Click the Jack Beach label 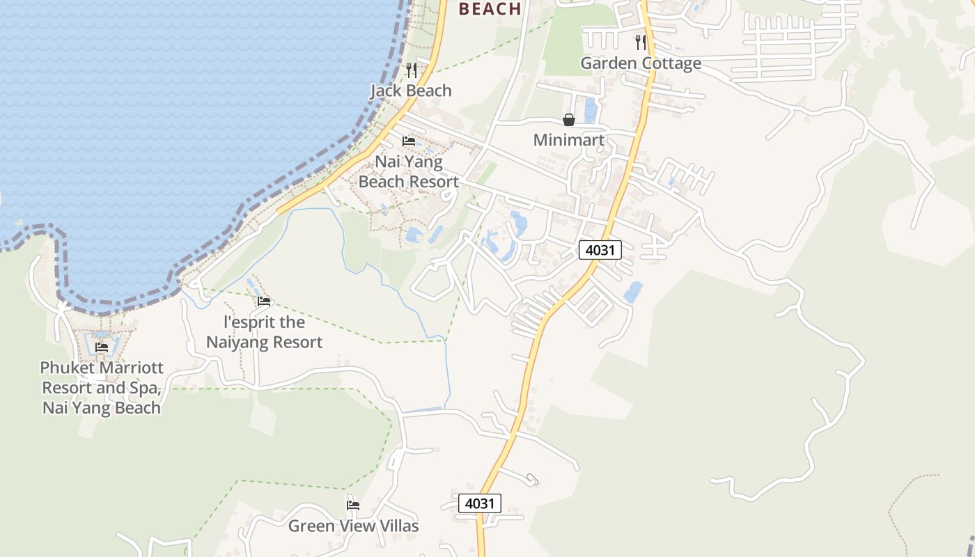pos(411,91)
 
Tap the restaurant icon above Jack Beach pos(412,70)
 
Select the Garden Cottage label pos(641,63)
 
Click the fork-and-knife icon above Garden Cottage pos(641,42)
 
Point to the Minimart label pos(569,140)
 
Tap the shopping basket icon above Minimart pos(569,120)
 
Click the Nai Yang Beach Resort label pos(409,172)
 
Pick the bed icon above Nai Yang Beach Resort pos(409,141)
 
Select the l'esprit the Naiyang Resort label pos(265,332)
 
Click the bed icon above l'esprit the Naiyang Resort pos(264,301)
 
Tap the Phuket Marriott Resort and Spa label pos(102,387)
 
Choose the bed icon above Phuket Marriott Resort pos(102,347)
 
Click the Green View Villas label pos(354,526)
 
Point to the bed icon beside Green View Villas pos(353,505)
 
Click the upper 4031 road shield pos(600,249)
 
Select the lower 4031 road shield pos(480,503)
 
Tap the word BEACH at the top pos(491,9)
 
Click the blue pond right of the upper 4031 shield pos(633,292)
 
